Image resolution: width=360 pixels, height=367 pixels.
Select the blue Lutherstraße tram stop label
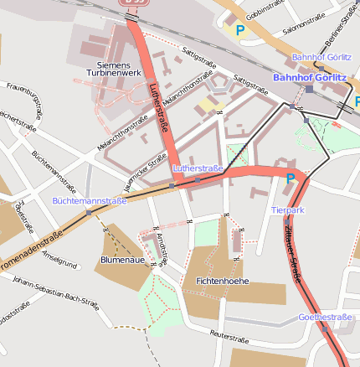tap(198, 168)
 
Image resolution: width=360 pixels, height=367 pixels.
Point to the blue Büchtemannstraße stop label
tap(89, 201)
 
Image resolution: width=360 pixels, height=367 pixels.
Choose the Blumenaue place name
tap(123, 260)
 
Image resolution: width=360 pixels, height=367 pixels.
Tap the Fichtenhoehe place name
tap(221, 281)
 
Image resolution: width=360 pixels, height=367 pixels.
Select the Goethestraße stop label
tap(325, 318)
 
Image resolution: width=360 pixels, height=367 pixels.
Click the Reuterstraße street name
tap(231, 334)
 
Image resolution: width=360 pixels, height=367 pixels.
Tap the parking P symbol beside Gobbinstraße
tap(240, 30)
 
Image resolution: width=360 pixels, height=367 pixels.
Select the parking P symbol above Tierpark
tap(290, 178)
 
